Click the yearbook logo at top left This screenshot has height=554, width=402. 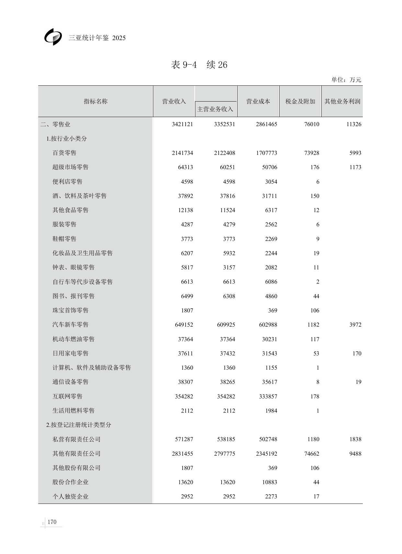coord(53,37)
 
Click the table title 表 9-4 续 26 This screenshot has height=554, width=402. coord(199,65)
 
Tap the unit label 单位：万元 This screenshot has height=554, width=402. coord(346,80)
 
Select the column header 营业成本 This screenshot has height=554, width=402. coord(258,101)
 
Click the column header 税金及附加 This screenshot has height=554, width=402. coord(300,101)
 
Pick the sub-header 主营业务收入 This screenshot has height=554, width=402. coord(215,109)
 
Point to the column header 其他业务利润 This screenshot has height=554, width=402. coord(342,101)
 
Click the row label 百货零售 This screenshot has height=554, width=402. coord(64,153)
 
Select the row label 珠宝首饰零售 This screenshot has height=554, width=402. coord(70,310)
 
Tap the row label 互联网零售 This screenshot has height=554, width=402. coord(67,396)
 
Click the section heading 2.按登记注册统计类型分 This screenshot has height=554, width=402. coord(78,425)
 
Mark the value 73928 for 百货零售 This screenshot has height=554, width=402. coord(312,153)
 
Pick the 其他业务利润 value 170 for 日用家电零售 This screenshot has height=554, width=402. coord(357,353)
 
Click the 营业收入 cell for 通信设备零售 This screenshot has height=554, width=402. coord(185,382)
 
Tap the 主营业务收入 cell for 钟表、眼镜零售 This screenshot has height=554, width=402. coord(229,267)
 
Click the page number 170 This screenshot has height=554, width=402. coord(52,522)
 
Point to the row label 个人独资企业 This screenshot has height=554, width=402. coord(70,496)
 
